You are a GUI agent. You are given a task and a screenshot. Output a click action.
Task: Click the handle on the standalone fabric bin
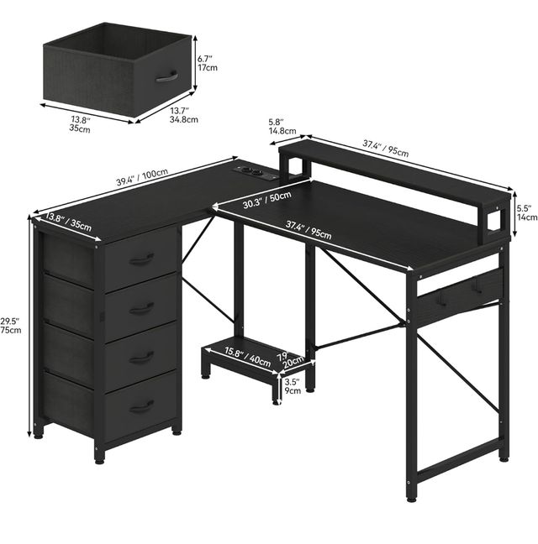tap(166, 76)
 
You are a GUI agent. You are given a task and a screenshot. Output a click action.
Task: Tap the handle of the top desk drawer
tap(142, 259)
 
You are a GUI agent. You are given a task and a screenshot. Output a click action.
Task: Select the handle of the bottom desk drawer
tap(142, 406)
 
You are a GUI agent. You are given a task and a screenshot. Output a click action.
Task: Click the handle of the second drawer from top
tap(142, 308)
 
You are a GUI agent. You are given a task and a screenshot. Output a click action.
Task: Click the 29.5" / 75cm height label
tap(10, 325)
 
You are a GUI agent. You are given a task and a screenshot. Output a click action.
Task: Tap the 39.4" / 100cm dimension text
tap(142, 177)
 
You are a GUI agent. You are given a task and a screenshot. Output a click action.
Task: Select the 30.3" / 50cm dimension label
tap(266, 200)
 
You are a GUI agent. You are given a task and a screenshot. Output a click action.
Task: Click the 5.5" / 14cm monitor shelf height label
tap(526, 212)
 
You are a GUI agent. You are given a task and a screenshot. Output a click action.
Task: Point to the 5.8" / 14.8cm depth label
tap(282, 126)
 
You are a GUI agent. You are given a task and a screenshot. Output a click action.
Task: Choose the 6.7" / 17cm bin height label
tap(208, 63)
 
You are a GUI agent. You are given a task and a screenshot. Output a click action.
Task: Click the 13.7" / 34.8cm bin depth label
tap(184, 115)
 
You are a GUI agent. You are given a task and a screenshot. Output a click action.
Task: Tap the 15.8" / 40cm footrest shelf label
tap(248, 356)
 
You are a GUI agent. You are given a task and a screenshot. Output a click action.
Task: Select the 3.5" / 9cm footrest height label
tap(293, 386)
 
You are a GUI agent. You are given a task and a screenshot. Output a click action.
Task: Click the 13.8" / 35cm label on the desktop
tap(68, 222)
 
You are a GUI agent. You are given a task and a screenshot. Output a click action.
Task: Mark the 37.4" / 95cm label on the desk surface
tap(309, 230)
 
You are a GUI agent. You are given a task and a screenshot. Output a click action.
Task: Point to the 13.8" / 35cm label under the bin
tap(81, 124)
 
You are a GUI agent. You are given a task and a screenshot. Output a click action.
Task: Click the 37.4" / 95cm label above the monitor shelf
tap(386, 148)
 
